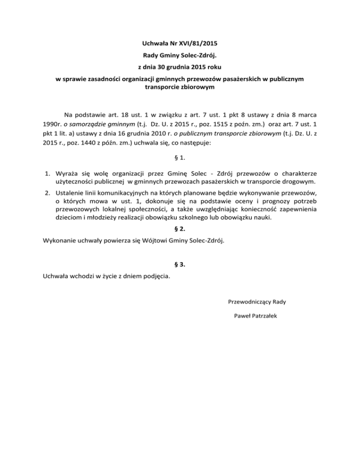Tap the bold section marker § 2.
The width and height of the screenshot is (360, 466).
[x=180, y=230]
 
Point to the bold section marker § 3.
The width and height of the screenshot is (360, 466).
[x=180, y=264]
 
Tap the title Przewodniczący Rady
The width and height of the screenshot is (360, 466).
[x=257, y=301]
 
